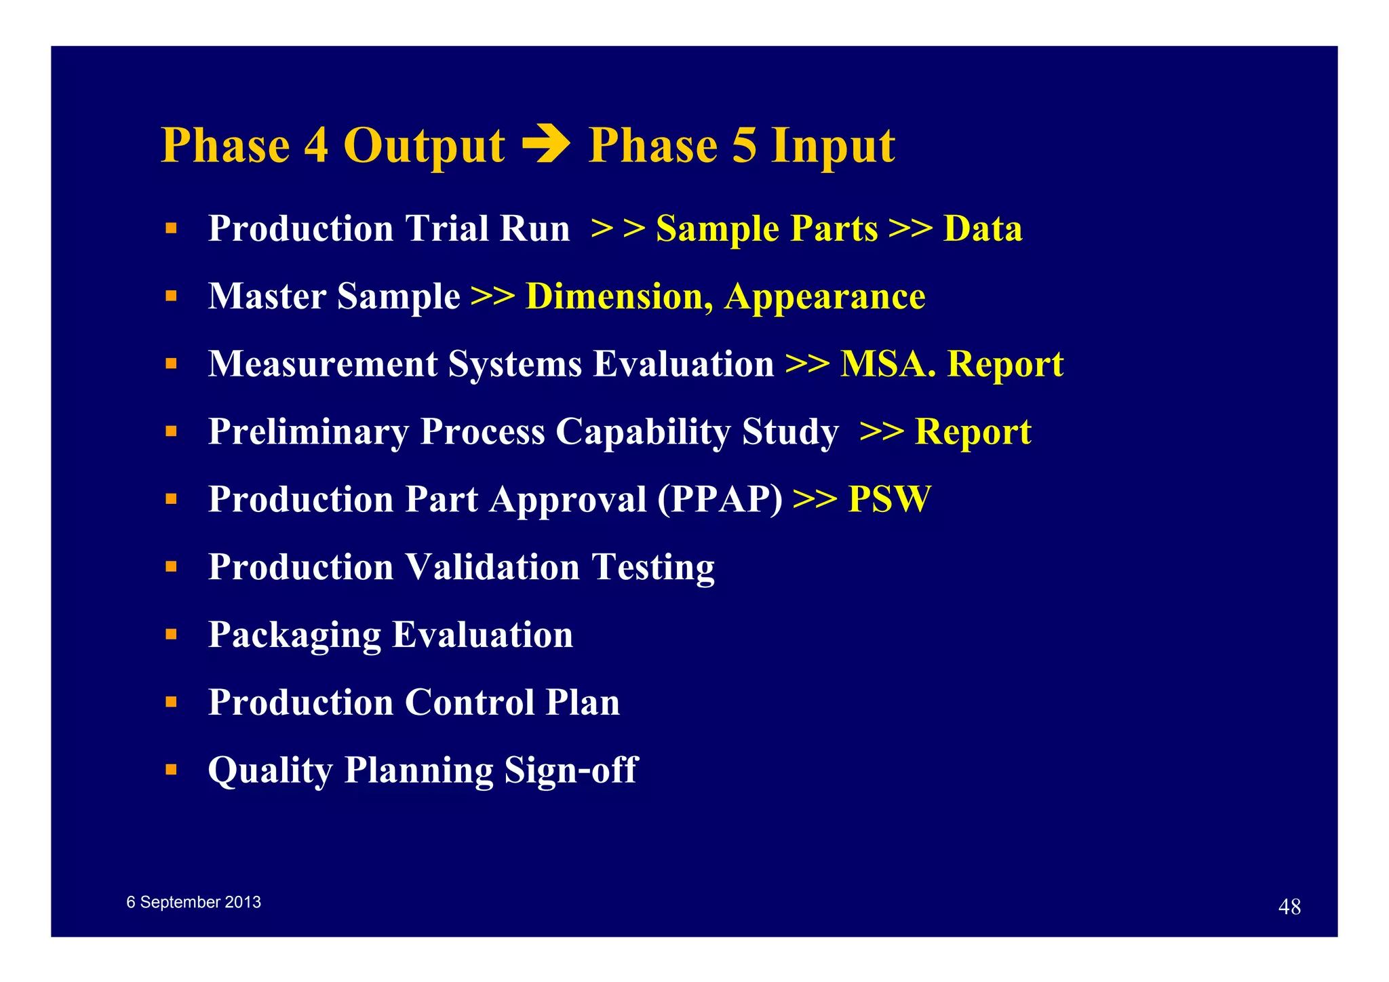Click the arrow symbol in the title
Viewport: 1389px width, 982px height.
[546, 144]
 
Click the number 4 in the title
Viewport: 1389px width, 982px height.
[316, 145]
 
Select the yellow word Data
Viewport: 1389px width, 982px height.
[982, 229]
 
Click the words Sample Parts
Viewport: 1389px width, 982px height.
[766, 229]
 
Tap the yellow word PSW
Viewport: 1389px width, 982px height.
[889, 499]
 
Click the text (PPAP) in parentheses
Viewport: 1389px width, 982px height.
[720, 499]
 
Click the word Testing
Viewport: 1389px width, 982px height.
[652, 567]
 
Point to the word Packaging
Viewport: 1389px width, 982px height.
[294, 635]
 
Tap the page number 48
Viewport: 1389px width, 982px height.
[1289, 907]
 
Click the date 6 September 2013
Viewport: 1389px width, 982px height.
[193, 902]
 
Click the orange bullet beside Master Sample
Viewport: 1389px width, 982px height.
[171, 296]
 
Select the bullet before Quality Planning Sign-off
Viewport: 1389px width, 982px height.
[171, 769]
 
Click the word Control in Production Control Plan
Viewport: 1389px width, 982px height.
[469, 702]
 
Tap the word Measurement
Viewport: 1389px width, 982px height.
[323, 364]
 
